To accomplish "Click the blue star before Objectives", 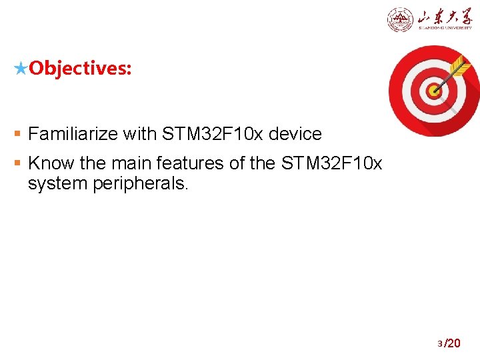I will tap(21, 68).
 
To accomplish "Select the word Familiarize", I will tap(73, 134).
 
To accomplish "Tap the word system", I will tap(56, 183).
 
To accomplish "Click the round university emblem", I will tap(400, 20).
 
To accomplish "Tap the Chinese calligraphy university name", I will tap(443, 17).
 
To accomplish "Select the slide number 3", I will tap(440, 344).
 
